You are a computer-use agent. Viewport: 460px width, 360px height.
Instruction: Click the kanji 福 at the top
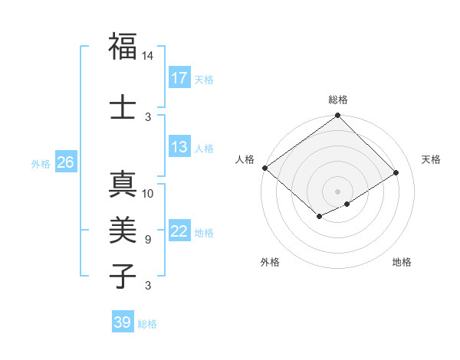coord(123,47)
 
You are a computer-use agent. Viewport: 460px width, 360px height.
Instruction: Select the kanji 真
coord(123,185)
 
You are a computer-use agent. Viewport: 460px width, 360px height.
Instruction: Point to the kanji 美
coord(123,229)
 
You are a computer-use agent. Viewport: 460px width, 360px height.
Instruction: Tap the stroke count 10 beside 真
coord(148,194)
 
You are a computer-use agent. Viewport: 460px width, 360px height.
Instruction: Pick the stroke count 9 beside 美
coord(148,239)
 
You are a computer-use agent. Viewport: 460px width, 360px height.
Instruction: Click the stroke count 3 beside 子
coord(148,286)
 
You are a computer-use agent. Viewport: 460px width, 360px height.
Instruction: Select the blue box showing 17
coord(179,77)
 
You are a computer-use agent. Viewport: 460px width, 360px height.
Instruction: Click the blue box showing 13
coord(179,147)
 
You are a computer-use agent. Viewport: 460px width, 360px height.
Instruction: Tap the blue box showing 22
coord(179,231)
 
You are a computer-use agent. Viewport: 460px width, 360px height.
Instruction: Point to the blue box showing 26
coord(65,162)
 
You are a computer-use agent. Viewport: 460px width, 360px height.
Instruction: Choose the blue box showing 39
coord(122,322)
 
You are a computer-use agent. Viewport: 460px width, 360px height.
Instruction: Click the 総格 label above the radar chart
coord(337,100)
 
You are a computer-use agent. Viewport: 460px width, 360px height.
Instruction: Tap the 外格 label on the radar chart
coord(270,262)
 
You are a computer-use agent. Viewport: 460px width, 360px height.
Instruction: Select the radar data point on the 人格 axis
coord(264,168)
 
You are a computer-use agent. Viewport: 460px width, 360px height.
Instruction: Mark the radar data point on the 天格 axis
coord(396,172)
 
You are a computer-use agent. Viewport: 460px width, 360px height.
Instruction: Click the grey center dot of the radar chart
coord(337,191)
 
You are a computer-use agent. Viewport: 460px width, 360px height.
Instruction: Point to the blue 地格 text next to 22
coord(205,232)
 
